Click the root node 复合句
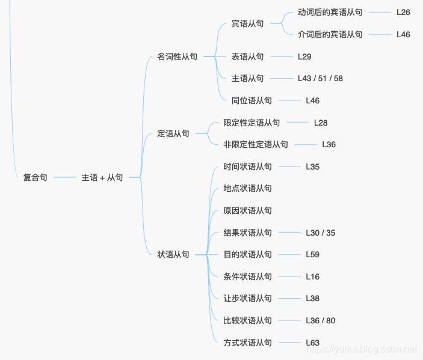coord(35,177)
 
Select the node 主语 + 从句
coord(102,177)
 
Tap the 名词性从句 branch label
coord(177,56)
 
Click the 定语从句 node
coord(173,133)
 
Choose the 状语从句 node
coord(173,254)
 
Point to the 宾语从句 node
coord(247,23)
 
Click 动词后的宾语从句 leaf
coord(330,12)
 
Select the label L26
coord(403,12)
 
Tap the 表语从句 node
coord(247,56)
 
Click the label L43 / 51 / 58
coord(320,78)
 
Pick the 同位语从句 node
coord(252,100)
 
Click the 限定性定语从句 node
coord(252,123)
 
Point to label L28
coord(321,123)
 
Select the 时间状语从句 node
coord(247,166)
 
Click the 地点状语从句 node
coord(247,188)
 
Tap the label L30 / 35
coord(320,233)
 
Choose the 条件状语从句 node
coord(247,276)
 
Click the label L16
coord(312,276)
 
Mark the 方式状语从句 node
coord(247,343)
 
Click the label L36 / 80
coord(320,320)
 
